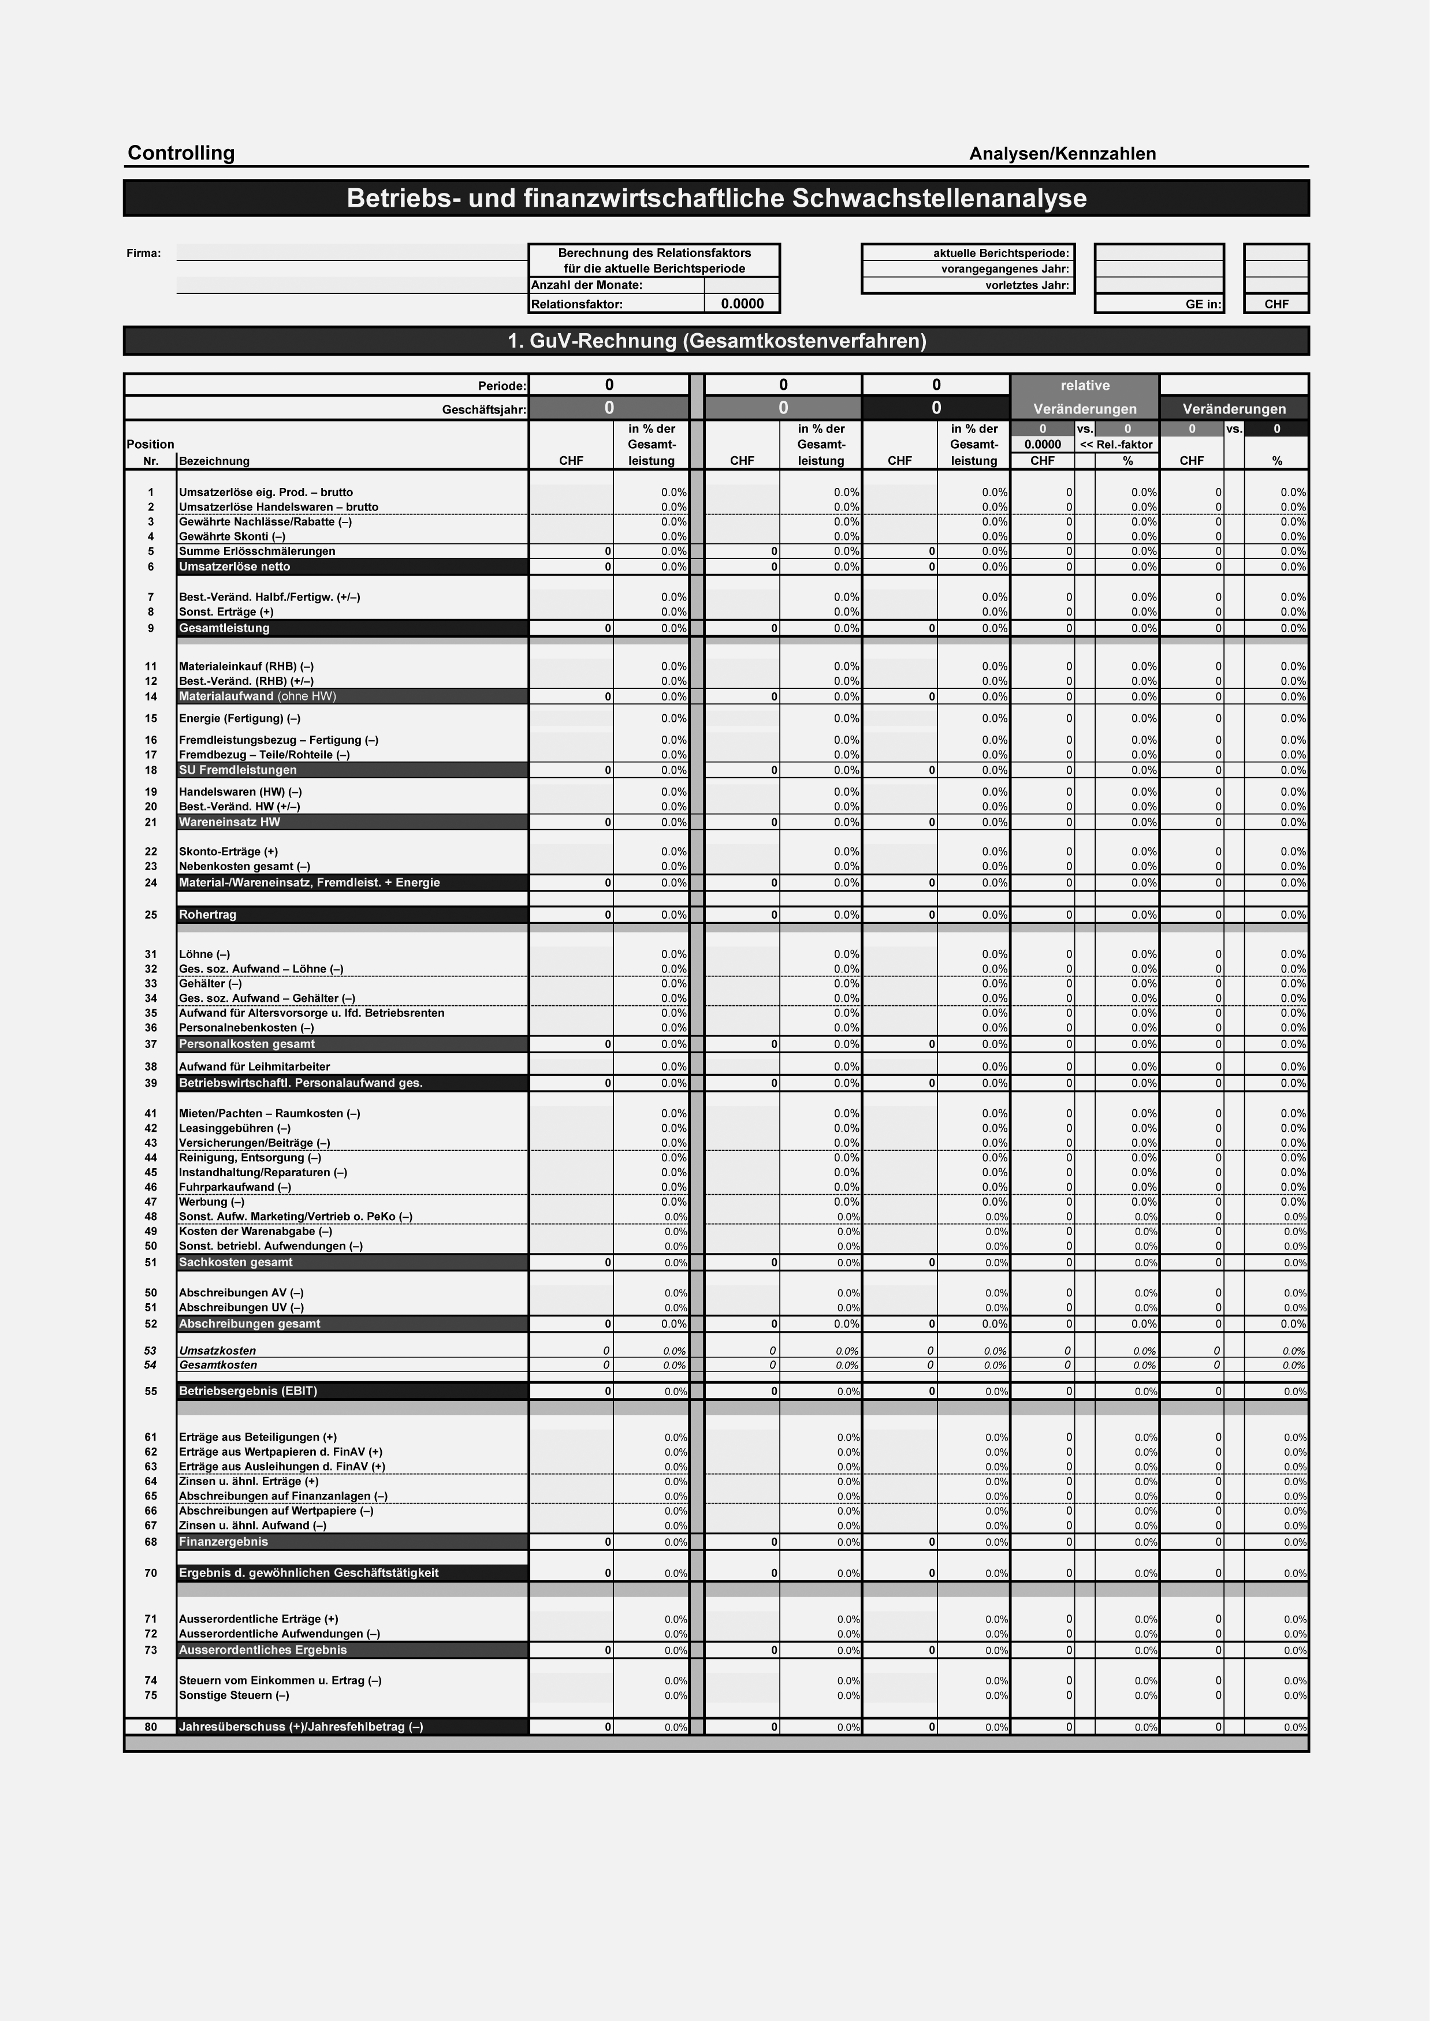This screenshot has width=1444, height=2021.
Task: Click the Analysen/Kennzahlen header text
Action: pos(1073,155)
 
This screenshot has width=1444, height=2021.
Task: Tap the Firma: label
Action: pos(145,256)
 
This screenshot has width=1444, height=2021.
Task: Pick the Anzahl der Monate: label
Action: pos(592,288)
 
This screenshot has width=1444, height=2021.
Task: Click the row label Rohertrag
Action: pos(210,923)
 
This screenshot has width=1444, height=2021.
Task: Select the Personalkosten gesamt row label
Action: pos(249,1054)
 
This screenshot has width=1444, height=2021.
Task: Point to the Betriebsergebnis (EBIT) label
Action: pos(250,1404)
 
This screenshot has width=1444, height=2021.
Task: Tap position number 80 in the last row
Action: pos(152,1744)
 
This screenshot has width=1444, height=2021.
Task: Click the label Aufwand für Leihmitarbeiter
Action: pos(257,1076)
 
